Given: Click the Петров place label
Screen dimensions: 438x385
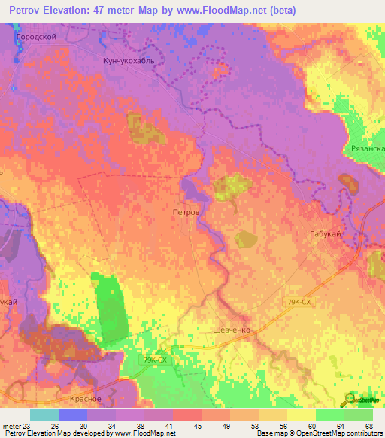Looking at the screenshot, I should (x=186, y=213).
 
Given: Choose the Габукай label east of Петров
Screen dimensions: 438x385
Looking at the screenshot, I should (x=326, y=235).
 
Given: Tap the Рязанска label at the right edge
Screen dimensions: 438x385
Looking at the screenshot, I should (x=368, y=149).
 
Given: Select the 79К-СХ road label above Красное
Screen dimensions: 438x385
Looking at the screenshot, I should (x=153, y=360).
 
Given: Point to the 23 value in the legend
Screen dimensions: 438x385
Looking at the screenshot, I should (x=29, y=425).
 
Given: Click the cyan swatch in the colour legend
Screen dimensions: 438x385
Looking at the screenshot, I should (x=44, y=415).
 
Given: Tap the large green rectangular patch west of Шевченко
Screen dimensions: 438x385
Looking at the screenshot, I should (x=111, y=305).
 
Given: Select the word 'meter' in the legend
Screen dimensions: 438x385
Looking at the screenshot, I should (x=11, y=425).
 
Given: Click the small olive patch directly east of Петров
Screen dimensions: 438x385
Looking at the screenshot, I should (x=245, y=239).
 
